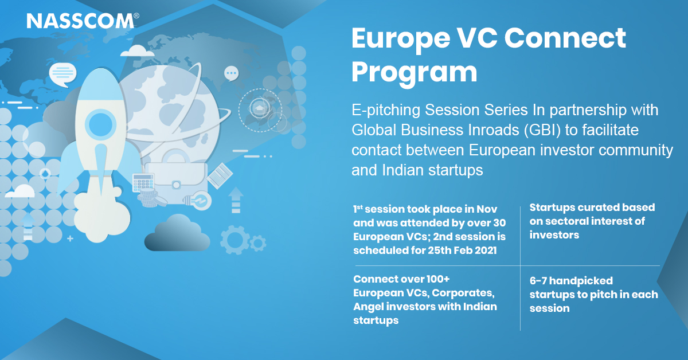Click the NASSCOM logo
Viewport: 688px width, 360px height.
click(x=83, y=21)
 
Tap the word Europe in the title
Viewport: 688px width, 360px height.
click(x=401, y=40)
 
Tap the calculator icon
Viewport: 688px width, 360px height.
click(x=143, y=182)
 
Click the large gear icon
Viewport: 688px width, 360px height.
click(x=234, y=240)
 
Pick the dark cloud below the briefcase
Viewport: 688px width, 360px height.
click(x=177, y=233)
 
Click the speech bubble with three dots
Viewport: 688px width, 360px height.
click(x=231, y=74)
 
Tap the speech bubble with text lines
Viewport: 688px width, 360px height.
click(x=62, y=75)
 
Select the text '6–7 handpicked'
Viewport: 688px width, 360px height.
click(x=571, y=281)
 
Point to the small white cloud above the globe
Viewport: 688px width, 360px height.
click(x=137, y=51)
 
